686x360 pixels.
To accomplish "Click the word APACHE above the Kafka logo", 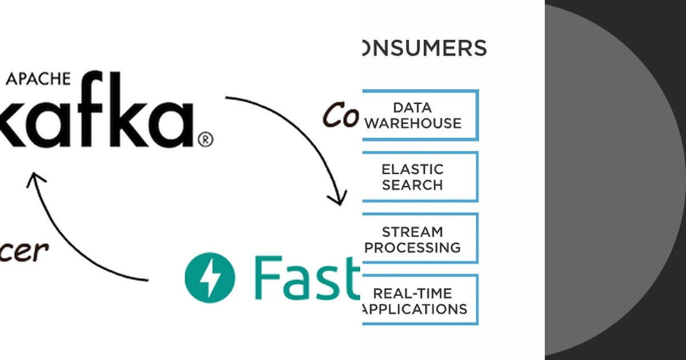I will point(38,79).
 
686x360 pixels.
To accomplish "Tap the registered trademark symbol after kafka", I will point(205,139).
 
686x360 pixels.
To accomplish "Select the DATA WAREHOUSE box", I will point(420,115).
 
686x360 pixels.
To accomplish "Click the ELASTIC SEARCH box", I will point(420,177).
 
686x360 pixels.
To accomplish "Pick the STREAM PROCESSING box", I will point(420,238).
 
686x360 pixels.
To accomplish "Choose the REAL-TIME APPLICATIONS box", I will point(420,300).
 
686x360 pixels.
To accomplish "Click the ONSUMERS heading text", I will point(424,49).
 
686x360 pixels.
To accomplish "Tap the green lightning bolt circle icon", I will point(209,277).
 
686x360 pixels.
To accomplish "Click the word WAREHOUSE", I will point(413,123).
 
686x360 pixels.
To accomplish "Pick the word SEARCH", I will point(412,185).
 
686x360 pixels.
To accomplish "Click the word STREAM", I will point(412,231).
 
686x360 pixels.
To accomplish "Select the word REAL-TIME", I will point(412,293).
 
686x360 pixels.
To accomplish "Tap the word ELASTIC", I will point(412,169).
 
